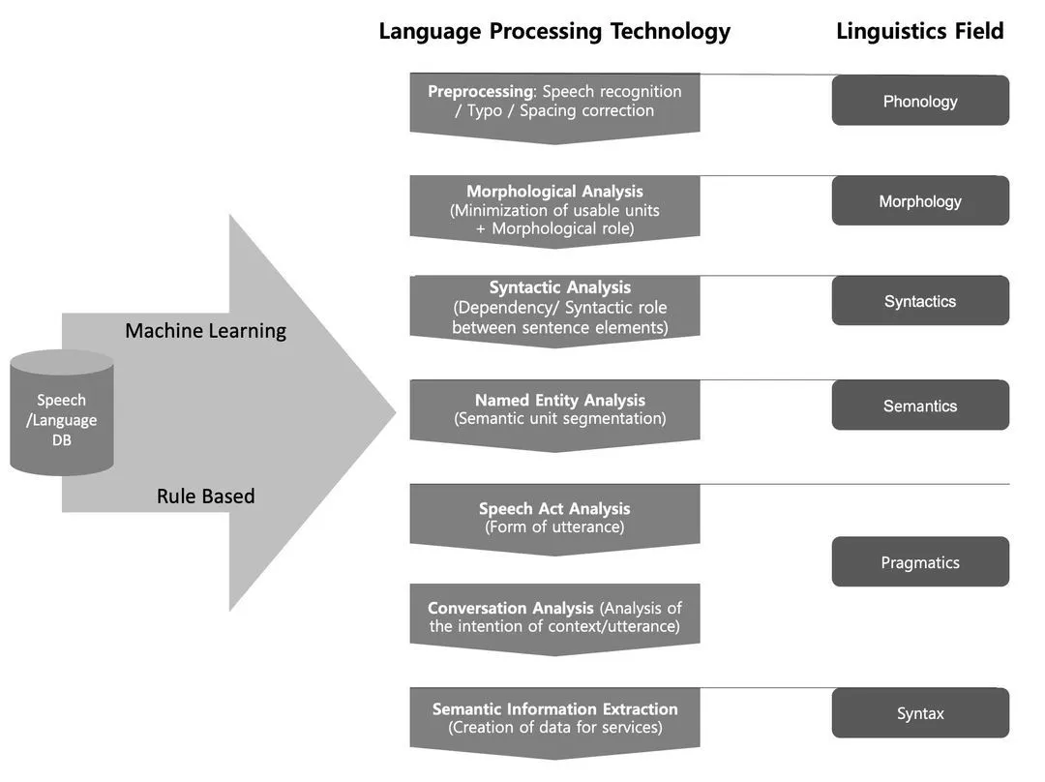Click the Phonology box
pos(920,101)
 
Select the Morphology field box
pos(920,201)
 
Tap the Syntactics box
pos(920,301)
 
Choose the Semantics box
pos(920,406)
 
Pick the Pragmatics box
pos(920,562)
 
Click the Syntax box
pos(920,713)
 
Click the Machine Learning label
pos(205,331)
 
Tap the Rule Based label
pos(205,496)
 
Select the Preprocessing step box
pos(554,102)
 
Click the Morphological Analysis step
pos(554,209)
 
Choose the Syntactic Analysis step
pos(554,308)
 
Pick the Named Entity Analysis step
pos(554,409)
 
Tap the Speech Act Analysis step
pos(554,518)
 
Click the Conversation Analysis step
pos(554,617)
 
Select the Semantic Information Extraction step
pos(554,718)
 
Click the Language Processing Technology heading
pos(554,31)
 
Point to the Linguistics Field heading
pos(919,31)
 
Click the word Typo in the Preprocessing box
pos(485,110)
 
